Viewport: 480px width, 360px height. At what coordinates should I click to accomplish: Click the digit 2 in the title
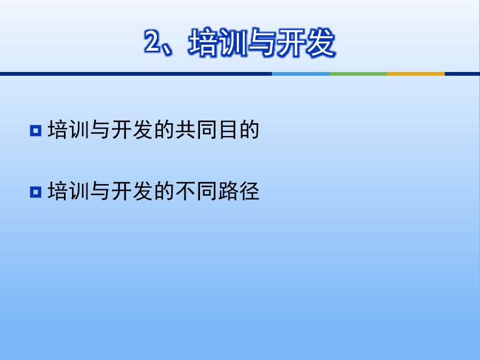click(x=153, y=42)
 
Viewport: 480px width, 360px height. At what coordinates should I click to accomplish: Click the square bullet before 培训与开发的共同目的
click(x=36, y=131)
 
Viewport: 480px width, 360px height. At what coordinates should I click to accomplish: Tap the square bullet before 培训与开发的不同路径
click(x=36, y=192)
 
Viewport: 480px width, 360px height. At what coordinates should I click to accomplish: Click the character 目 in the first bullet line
click(x=228, y=130)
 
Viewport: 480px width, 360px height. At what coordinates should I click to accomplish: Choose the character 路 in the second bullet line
click(x=228, y=191)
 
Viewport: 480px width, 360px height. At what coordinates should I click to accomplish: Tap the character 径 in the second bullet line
click(x=250, y=191)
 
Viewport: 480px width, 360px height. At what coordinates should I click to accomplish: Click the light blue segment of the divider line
click(x=301, y=74)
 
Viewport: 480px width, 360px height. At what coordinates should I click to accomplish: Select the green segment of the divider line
click(x=358, y=74)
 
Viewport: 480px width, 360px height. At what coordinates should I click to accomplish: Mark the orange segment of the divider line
click(x=416, y=74)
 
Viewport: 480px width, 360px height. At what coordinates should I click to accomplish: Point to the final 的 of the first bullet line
click(x=250, y=130)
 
